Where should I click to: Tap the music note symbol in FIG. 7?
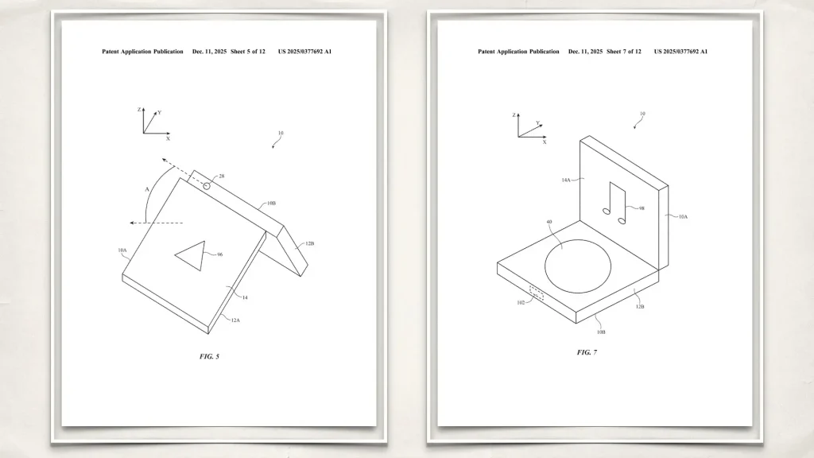(x=614, y=203)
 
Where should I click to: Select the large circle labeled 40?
(x=578, y=266)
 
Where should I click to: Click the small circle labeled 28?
(x=207, y=186)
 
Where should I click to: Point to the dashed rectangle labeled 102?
(x=537, y=293)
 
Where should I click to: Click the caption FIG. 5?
(x=209, y=356)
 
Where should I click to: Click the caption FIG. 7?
(x=587, y=352)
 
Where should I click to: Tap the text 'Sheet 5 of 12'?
(x=248, y=52)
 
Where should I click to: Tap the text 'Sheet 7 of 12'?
(x=623, y=52)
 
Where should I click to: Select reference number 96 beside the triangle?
(x=219, y=254)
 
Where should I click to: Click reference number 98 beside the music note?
(x=642, y=208)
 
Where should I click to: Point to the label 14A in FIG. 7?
(x=566, y=180)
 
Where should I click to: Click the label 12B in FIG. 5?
(x=309, y=243)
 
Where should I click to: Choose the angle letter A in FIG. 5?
(x=147, y=189)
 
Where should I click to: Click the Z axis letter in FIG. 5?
(x=139, y=110)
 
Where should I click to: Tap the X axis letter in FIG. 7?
(x=545, y=142)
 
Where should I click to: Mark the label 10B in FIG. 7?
(x=601, y=332)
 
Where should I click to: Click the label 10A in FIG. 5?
(x=122, y=250)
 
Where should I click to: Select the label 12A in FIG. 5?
(x=235, y=320)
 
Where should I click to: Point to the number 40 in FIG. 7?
(x=549, y=222)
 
